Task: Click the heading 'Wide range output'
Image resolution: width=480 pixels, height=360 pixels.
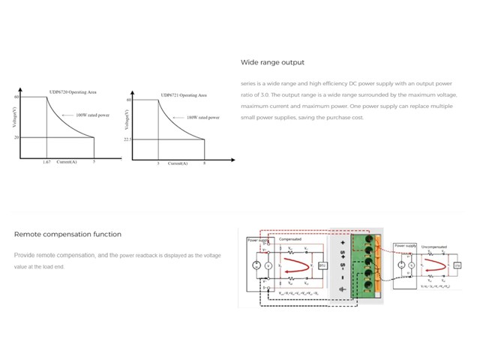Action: pos(272,62)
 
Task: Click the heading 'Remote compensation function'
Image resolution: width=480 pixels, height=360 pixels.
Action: pos(67,234)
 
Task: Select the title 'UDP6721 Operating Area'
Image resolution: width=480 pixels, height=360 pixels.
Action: pos(184,95)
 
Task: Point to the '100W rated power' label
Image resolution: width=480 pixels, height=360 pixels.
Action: pos(92,115)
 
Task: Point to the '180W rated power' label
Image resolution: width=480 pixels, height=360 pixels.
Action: pos(202,118)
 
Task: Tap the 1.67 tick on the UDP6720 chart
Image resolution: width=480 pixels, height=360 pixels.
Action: pos(46,162)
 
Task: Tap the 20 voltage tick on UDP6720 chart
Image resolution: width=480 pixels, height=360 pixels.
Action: pos(16,137)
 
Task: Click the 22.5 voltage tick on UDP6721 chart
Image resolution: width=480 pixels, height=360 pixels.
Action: pos(127,139)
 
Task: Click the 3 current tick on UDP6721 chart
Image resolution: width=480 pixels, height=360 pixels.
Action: pos(157,163)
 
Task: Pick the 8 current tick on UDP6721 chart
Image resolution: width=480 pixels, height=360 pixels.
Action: pos(205,163)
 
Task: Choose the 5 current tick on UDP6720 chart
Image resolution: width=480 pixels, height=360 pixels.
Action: pos(94,162)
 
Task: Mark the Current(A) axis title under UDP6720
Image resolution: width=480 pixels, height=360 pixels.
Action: pos(67,162)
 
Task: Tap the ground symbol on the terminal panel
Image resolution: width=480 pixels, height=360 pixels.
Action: pos(343,288)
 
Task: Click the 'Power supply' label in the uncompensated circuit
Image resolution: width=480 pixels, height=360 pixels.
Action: pos(405,245)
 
